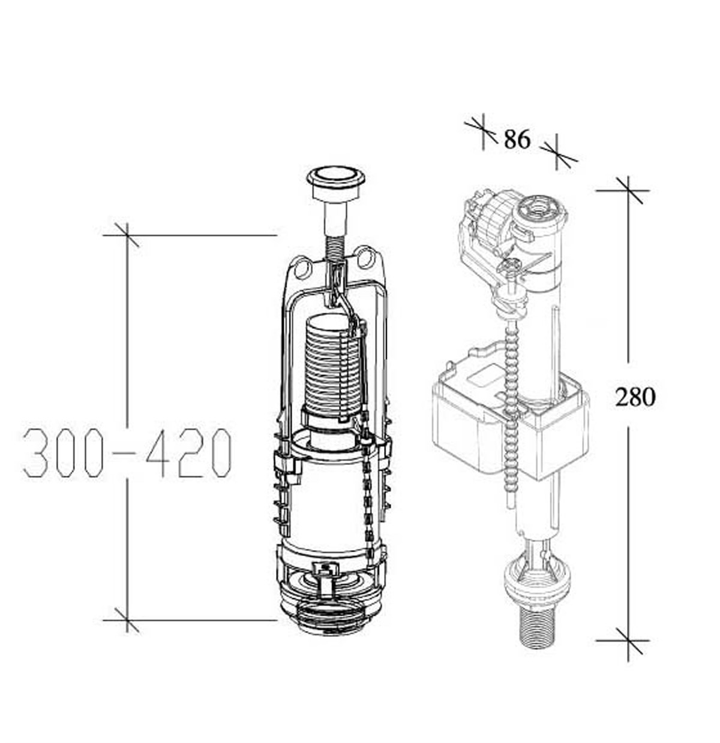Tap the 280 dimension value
[635, 397]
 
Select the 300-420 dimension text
[127, 452]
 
